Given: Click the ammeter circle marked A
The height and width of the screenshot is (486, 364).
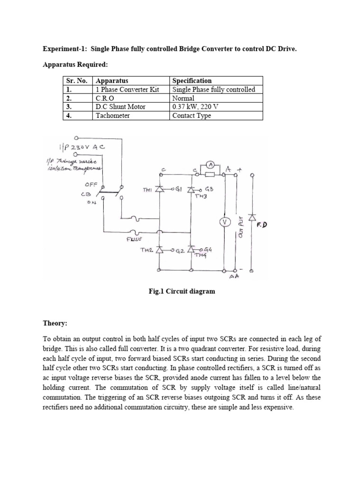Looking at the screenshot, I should click(x=211, y=165).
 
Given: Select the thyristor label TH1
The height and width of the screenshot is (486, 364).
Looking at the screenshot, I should click(x=148, y=190).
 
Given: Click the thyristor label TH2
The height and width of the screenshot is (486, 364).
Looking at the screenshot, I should click(x=146, y=249).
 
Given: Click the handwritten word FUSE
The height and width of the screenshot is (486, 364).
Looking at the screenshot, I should click(x=135, y=240).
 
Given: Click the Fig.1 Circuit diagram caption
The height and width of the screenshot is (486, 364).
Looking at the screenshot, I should click(x=182, y=291).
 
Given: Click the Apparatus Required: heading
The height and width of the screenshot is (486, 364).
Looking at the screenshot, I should click(x=72, y=64).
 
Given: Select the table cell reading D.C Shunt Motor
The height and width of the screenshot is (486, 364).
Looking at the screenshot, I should click(x=120, y=107).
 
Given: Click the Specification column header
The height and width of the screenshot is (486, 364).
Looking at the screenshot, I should click(x=192, y=81).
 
